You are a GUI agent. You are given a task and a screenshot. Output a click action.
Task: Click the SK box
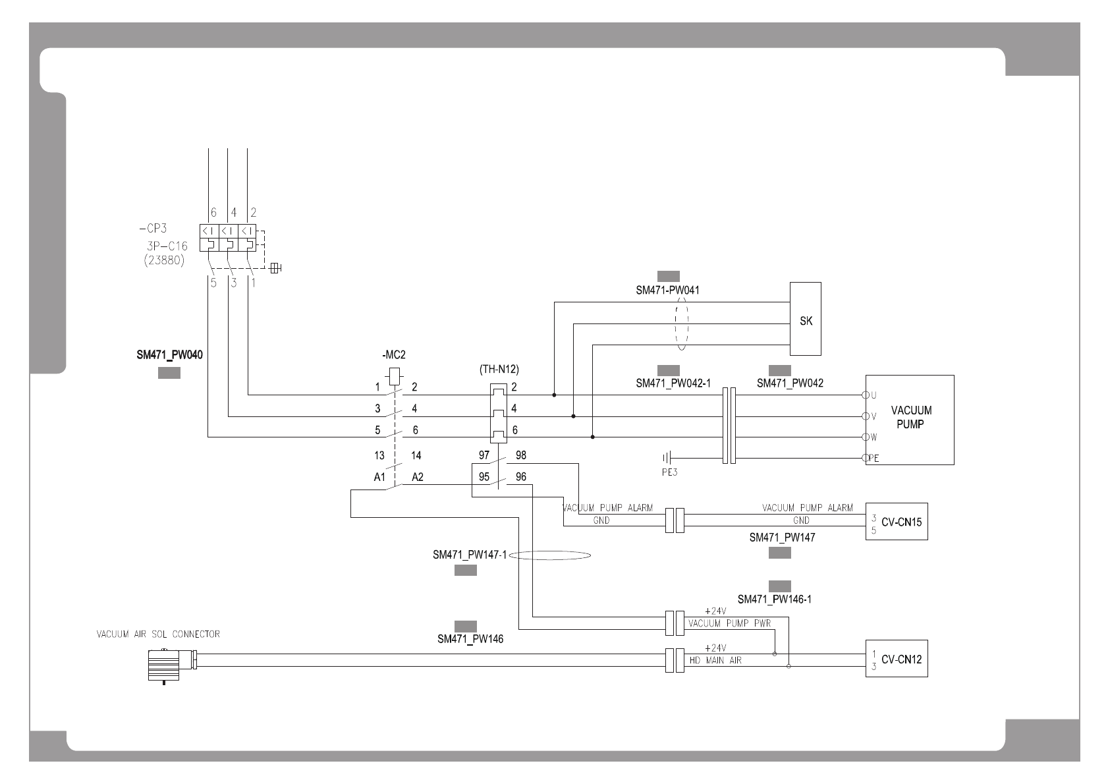point(806,320)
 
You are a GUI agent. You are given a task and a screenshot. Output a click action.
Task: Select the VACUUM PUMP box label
point(911,417)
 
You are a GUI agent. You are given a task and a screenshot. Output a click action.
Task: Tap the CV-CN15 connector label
point(902,522)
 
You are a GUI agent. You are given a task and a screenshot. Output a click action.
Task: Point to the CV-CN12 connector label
point(902,659)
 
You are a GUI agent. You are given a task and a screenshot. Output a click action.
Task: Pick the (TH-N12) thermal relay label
point(494,370)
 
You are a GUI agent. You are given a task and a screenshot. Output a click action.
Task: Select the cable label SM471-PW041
point(667,290)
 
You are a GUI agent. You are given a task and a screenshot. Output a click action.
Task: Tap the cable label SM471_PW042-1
point(673,383)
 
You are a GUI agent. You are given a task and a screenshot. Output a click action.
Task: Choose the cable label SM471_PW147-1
point(470,555)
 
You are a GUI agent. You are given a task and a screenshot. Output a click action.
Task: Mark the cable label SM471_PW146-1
point(774,600)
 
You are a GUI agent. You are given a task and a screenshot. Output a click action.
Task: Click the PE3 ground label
point(669,472)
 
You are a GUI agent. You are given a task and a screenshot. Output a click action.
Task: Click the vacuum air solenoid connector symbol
point(167,664)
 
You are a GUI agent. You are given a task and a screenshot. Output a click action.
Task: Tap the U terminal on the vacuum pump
point(866,395)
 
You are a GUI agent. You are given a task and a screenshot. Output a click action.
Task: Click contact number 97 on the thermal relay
point(484,455)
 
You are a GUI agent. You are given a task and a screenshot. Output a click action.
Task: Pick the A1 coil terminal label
point(379,477)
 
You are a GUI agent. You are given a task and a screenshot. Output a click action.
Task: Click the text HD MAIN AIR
point(715,660)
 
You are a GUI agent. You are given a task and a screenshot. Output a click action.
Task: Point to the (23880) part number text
point(164,260)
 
